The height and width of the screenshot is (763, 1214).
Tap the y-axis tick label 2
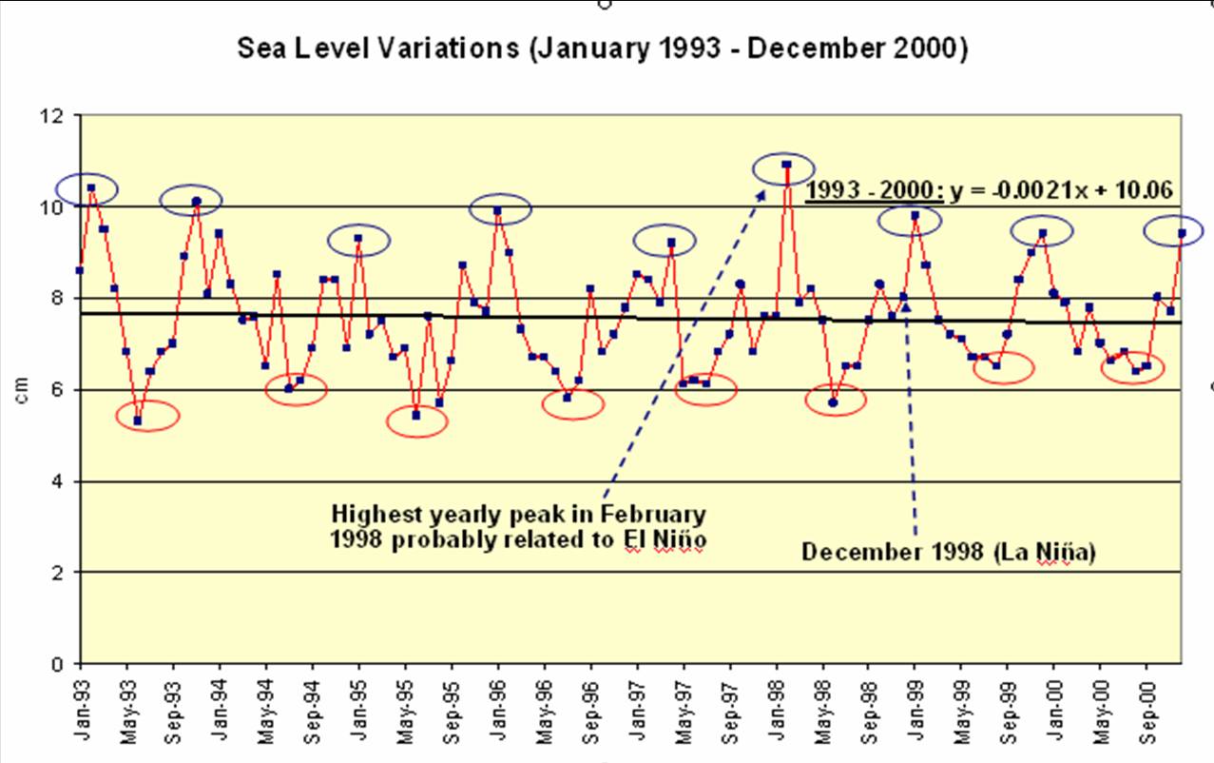point(61,573)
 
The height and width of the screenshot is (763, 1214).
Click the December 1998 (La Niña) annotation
point(948,553)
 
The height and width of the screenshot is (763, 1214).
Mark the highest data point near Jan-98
point(786,165)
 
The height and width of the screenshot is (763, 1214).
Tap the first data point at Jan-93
point(80,270)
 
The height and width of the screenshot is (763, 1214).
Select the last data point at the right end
point(1182,233)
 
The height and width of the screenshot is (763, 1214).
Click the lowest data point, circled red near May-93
point(138,421)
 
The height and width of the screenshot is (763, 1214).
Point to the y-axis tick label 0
point(61,664)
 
